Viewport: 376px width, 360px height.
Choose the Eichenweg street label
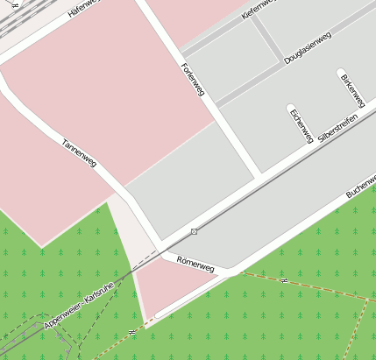click(302, 125)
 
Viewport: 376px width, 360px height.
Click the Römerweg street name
click(195, 262)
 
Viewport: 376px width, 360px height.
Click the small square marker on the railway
click(194, 231)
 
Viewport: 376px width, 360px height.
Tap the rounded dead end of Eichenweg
click(291, 109)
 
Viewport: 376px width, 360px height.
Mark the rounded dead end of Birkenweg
click(340, 72)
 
